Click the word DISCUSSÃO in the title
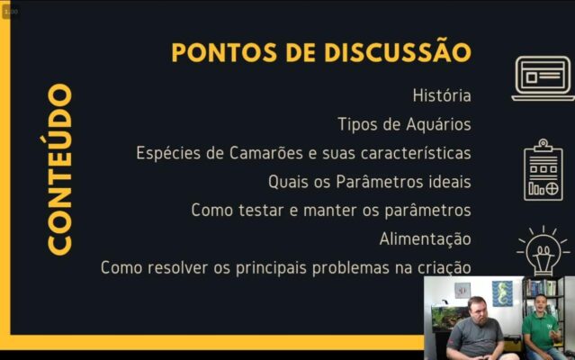398,50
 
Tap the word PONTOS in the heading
224,52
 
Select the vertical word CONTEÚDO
58,169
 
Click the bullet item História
442,95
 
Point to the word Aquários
438,124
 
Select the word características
416,153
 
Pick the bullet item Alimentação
426,239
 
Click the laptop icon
544,78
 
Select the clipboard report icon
544,170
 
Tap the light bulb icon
544,251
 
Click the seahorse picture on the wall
502,293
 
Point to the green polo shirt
539,331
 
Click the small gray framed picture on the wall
463,291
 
